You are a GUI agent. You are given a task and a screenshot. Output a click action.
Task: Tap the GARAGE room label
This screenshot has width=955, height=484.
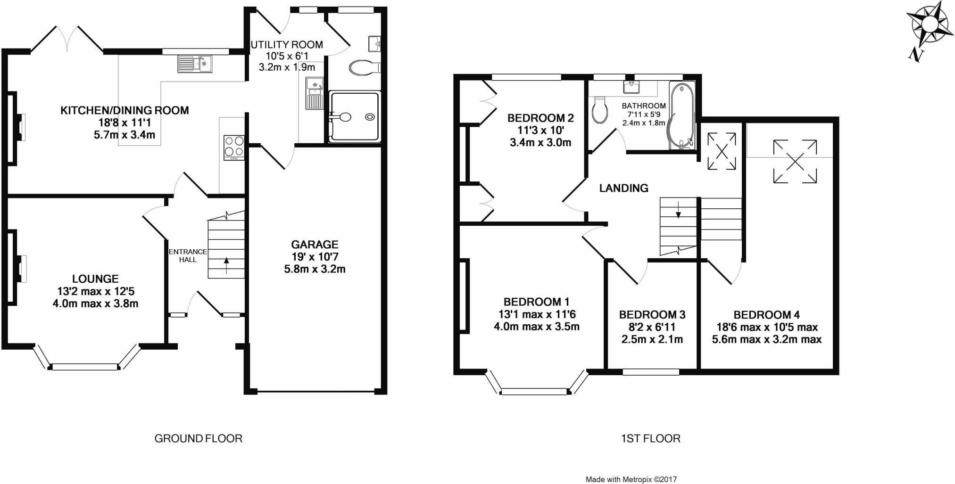315,244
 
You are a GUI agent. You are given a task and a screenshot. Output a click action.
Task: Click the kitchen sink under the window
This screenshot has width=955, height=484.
195,64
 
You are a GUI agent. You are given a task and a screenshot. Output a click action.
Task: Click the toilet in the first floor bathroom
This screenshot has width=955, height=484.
599,110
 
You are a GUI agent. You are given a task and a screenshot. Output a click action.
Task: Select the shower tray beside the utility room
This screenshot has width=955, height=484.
355,117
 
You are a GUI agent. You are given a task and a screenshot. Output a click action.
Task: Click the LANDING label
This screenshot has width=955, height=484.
623,188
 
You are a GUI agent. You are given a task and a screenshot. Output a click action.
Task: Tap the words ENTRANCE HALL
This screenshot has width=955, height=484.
188,255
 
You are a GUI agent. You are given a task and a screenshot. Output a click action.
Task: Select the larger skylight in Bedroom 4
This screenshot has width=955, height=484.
795,161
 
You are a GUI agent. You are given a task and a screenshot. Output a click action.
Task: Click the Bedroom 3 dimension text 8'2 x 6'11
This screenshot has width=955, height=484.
652,327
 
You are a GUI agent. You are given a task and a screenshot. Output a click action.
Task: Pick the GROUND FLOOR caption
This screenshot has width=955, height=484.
198,439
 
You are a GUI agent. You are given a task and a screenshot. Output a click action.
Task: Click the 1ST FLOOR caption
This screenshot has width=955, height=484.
650,439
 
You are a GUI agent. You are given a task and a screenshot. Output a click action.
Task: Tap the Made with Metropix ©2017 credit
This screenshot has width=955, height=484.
631,479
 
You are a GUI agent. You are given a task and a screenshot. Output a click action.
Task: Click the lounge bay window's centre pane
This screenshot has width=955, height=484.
85,367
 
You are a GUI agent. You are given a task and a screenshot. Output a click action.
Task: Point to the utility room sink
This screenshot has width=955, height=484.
313,85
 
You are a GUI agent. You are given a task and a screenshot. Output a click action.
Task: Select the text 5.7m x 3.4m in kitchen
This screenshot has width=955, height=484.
124,135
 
